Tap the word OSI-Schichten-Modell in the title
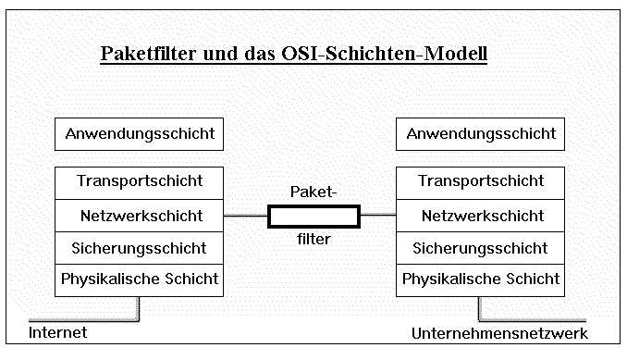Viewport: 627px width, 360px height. coord(382,55)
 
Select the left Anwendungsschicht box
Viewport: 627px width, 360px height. coord(139,134)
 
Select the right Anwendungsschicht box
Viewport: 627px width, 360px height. coord(481,134)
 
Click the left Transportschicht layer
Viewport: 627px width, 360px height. coord(139,181)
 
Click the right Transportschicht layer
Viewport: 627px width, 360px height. coord(481,181)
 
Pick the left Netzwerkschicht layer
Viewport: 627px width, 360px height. coord(139,216)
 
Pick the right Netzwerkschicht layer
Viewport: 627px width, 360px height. coord(481,216)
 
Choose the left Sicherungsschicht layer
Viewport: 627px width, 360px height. coord(139,248)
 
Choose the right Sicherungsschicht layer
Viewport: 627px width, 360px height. coord(481,248)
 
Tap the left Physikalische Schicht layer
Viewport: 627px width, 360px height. coord(139,279)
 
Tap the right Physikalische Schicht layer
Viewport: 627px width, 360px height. coord(481,279)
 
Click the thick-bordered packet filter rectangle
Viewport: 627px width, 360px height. coord(313,217)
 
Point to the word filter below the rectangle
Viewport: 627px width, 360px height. coord(313,239)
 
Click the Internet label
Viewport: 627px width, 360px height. coord(57,332)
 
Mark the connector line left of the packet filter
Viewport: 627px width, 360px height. coord(246,217)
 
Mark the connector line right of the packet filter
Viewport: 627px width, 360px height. coord(377,217)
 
